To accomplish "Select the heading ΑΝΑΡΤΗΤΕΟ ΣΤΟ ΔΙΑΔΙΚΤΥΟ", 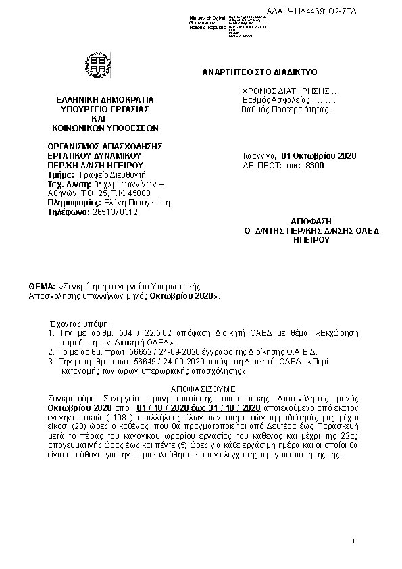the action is [260, 71].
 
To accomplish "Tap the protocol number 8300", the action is [315, 165].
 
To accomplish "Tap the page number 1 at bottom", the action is [353, 543].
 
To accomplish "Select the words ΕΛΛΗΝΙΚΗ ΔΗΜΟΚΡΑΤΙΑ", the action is [105, 99].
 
